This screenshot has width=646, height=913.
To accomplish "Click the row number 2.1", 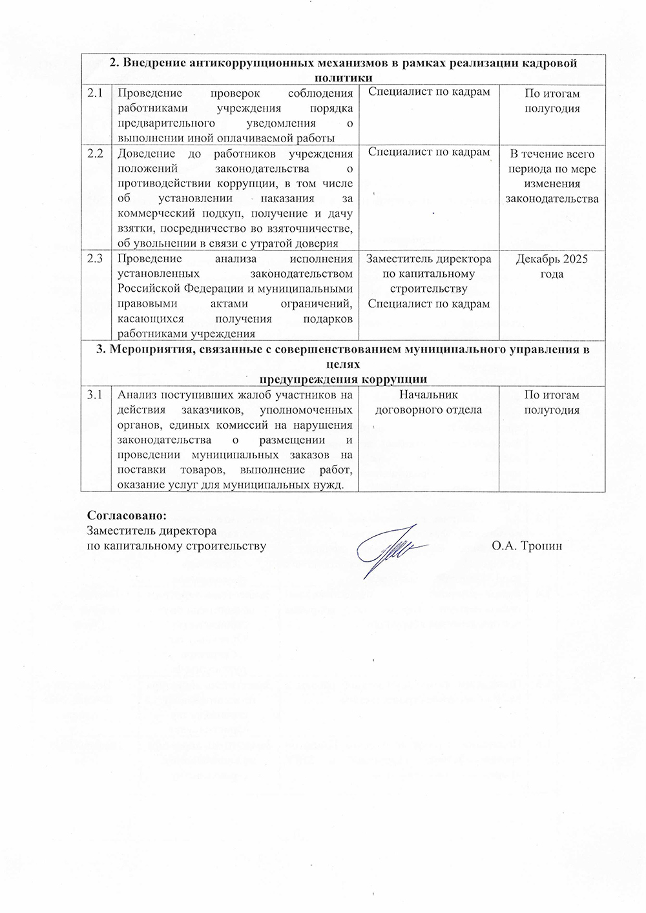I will pos(96,93).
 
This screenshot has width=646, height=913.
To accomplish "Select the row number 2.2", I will pos(96,154).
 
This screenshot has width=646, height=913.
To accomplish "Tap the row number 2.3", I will pos(96,259).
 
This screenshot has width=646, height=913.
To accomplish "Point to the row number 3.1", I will pos(96,395).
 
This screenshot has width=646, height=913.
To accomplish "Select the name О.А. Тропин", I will pos(526,546).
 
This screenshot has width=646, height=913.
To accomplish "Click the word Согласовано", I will pos(127,517).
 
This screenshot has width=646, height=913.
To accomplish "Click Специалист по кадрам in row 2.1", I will pos(429,92).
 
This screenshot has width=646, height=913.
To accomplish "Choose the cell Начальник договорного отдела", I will pos(429,402).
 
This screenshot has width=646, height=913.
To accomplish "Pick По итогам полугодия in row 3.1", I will pos(552,402).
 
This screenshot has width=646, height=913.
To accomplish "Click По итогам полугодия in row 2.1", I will pos(552,101).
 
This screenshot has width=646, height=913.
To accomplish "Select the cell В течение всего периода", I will pos(552,176).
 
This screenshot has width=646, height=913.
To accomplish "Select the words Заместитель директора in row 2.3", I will pos(429,259).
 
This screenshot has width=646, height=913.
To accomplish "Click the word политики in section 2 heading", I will pos(342,77).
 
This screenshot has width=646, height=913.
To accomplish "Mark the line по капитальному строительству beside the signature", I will pos(176,546).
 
